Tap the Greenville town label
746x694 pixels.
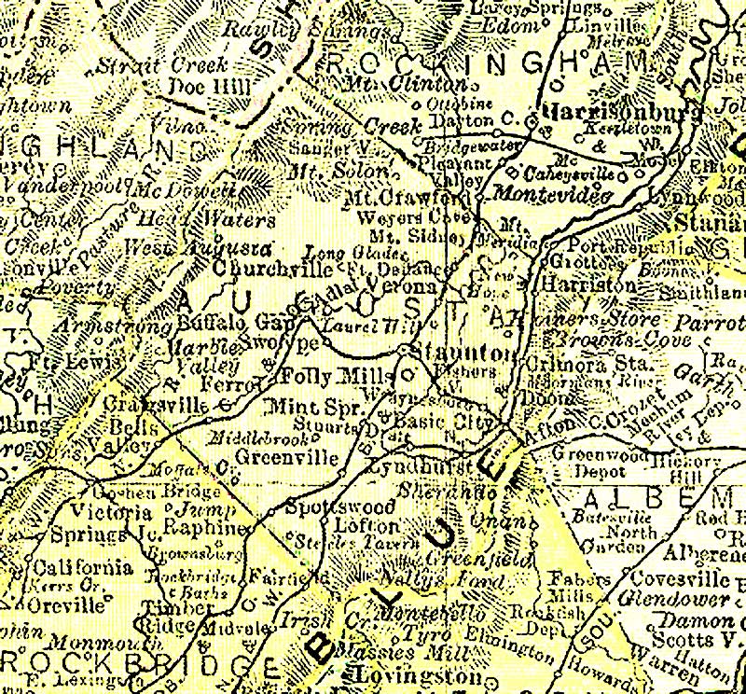(287, 457)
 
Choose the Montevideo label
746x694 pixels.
(552, 195)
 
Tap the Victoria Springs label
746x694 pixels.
(93, 523)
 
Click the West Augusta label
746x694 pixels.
(198, 250)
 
